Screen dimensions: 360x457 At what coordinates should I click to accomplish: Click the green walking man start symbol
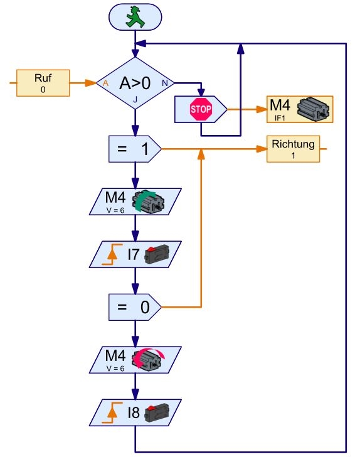point(135,17)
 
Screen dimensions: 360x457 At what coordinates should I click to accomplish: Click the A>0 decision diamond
point(135,83)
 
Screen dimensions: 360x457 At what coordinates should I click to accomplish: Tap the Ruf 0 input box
point(43,83)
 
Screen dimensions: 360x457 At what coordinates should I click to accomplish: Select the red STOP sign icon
point(201,109)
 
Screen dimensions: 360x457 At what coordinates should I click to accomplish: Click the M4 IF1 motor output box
point(300,109)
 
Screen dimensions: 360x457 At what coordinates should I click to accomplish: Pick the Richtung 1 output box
point(294,149)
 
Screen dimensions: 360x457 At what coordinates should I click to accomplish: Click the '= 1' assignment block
point(135,149)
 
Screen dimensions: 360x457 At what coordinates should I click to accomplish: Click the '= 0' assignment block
point(135,307)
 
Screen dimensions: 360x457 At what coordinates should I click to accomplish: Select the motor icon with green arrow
point(148,201)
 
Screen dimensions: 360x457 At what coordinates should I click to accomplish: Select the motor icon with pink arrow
point(148,359)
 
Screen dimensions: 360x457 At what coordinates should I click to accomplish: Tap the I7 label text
point(133,254)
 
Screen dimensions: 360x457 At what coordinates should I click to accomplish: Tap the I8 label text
point(134,412)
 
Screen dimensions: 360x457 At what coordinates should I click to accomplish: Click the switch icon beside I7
point(157,254)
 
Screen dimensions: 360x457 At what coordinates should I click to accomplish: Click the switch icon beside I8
point(157,412)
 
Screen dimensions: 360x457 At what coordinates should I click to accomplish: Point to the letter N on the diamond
point(165,83)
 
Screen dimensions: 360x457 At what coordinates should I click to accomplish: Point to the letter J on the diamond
point(135,100)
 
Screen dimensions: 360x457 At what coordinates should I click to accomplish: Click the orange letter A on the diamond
point(105,83)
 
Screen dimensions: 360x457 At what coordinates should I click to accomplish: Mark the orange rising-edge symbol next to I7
point(112,254)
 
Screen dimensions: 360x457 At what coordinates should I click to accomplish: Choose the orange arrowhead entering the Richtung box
point(262,149)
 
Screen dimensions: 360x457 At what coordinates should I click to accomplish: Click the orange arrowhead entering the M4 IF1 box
point(262,109)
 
